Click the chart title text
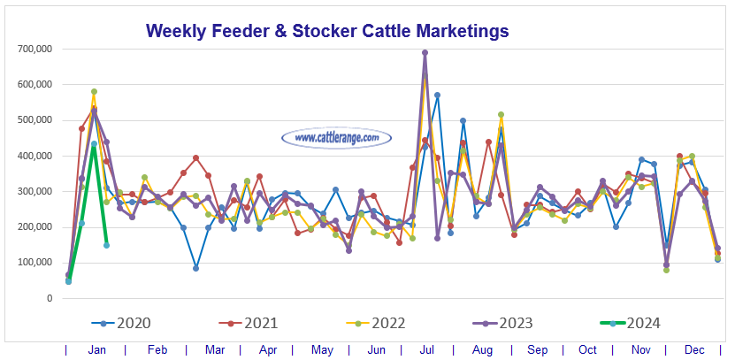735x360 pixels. pyautogui.click(x=327, y=31)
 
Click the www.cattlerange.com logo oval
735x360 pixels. pyautogui.click(x=336, y=138)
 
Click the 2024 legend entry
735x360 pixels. pyautogui.click(x=640, y=324)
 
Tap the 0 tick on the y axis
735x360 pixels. pyautogui.click(x=50, y=298)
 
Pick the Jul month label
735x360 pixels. pyautogui.click(x=425, y=350)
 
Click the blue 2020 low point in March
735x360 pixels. pyautogui.click(x=195, y=267)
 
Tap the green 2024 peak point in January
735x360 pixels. pyautogui.click(x=94, y=144)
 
